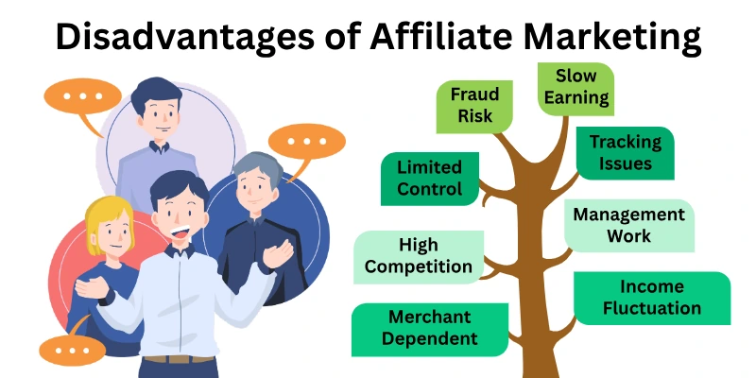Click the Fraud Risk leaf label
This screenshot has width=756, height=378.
[475, 106]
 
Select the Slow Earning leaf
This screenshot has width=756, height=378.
[576, 87]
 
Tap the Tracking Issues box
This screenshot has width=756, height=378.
[626, 152]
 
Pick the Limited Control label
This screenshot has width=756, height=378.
[429, 178]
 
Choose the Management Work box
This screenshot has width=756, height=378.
[628, 225]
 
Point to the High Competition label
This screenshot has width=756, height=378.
[418, 256]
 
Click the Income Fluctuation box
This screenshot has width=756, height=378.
[652, 298]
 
